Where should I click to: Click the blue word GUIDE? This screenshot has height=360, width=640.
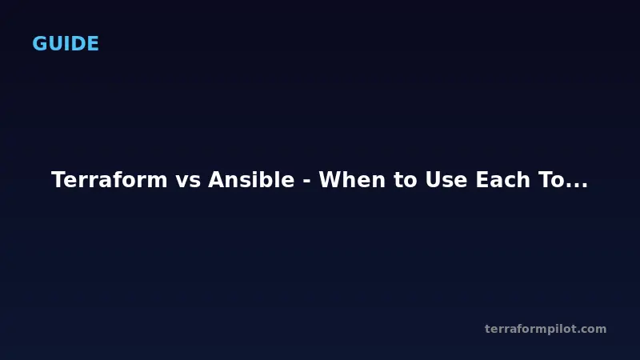pos(66,44)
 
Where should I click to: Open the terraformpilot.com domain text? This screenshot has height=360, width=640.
pos(546,329)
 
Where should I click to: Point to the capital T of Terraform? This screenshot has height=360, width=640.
pos(58,180)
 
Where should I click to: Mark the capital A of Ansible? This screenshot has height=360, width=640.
pos(216,180)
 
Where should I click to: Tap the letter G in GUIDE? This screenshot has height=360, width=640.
pos(39,44)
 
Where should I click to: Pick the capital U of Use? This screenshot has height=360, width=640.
pos(426,180)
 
